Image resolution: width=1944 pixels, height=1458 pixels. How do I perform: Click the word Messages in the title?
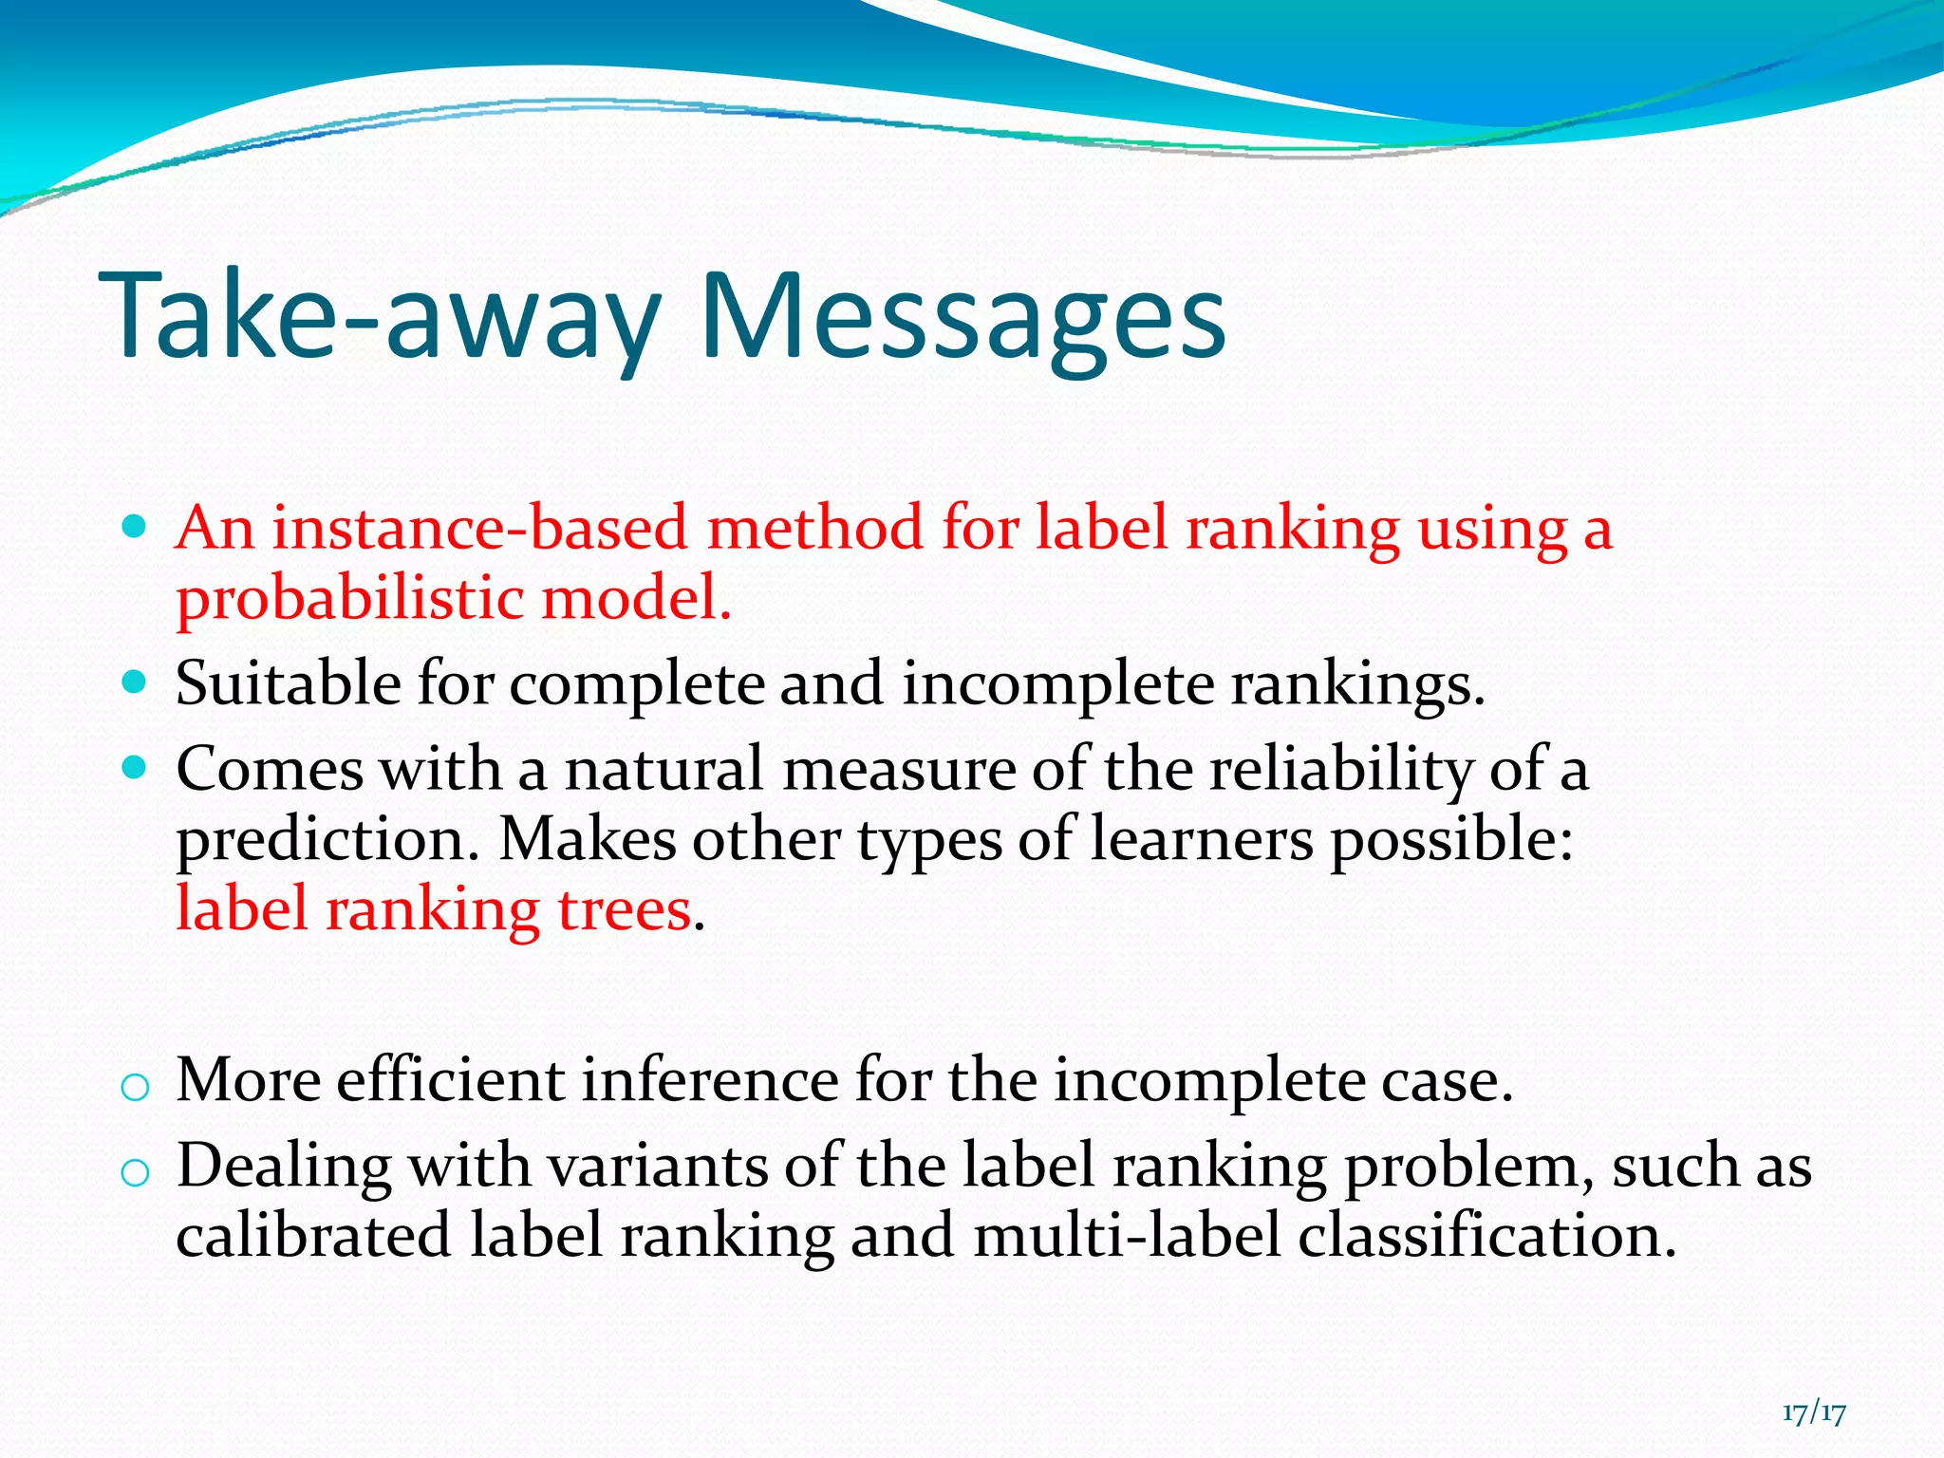pos(963,318)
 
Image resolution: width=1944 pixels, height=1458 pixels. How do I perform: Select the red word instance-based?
pos(478,529)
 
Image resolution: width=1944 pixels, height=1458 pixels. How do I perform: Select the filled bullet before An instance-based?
pos(135,526)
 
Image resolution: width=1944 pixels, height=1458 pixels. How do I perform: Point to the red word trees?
pos(624,910)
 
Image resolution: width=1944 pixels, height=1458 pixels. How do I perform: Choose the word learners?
pos(1201,841)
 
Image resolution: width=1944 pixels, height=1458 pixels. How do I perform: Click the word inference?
pos(709,1082)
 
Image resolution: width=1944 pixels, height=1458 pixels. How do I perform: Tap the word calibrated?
pos(313,1237)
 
